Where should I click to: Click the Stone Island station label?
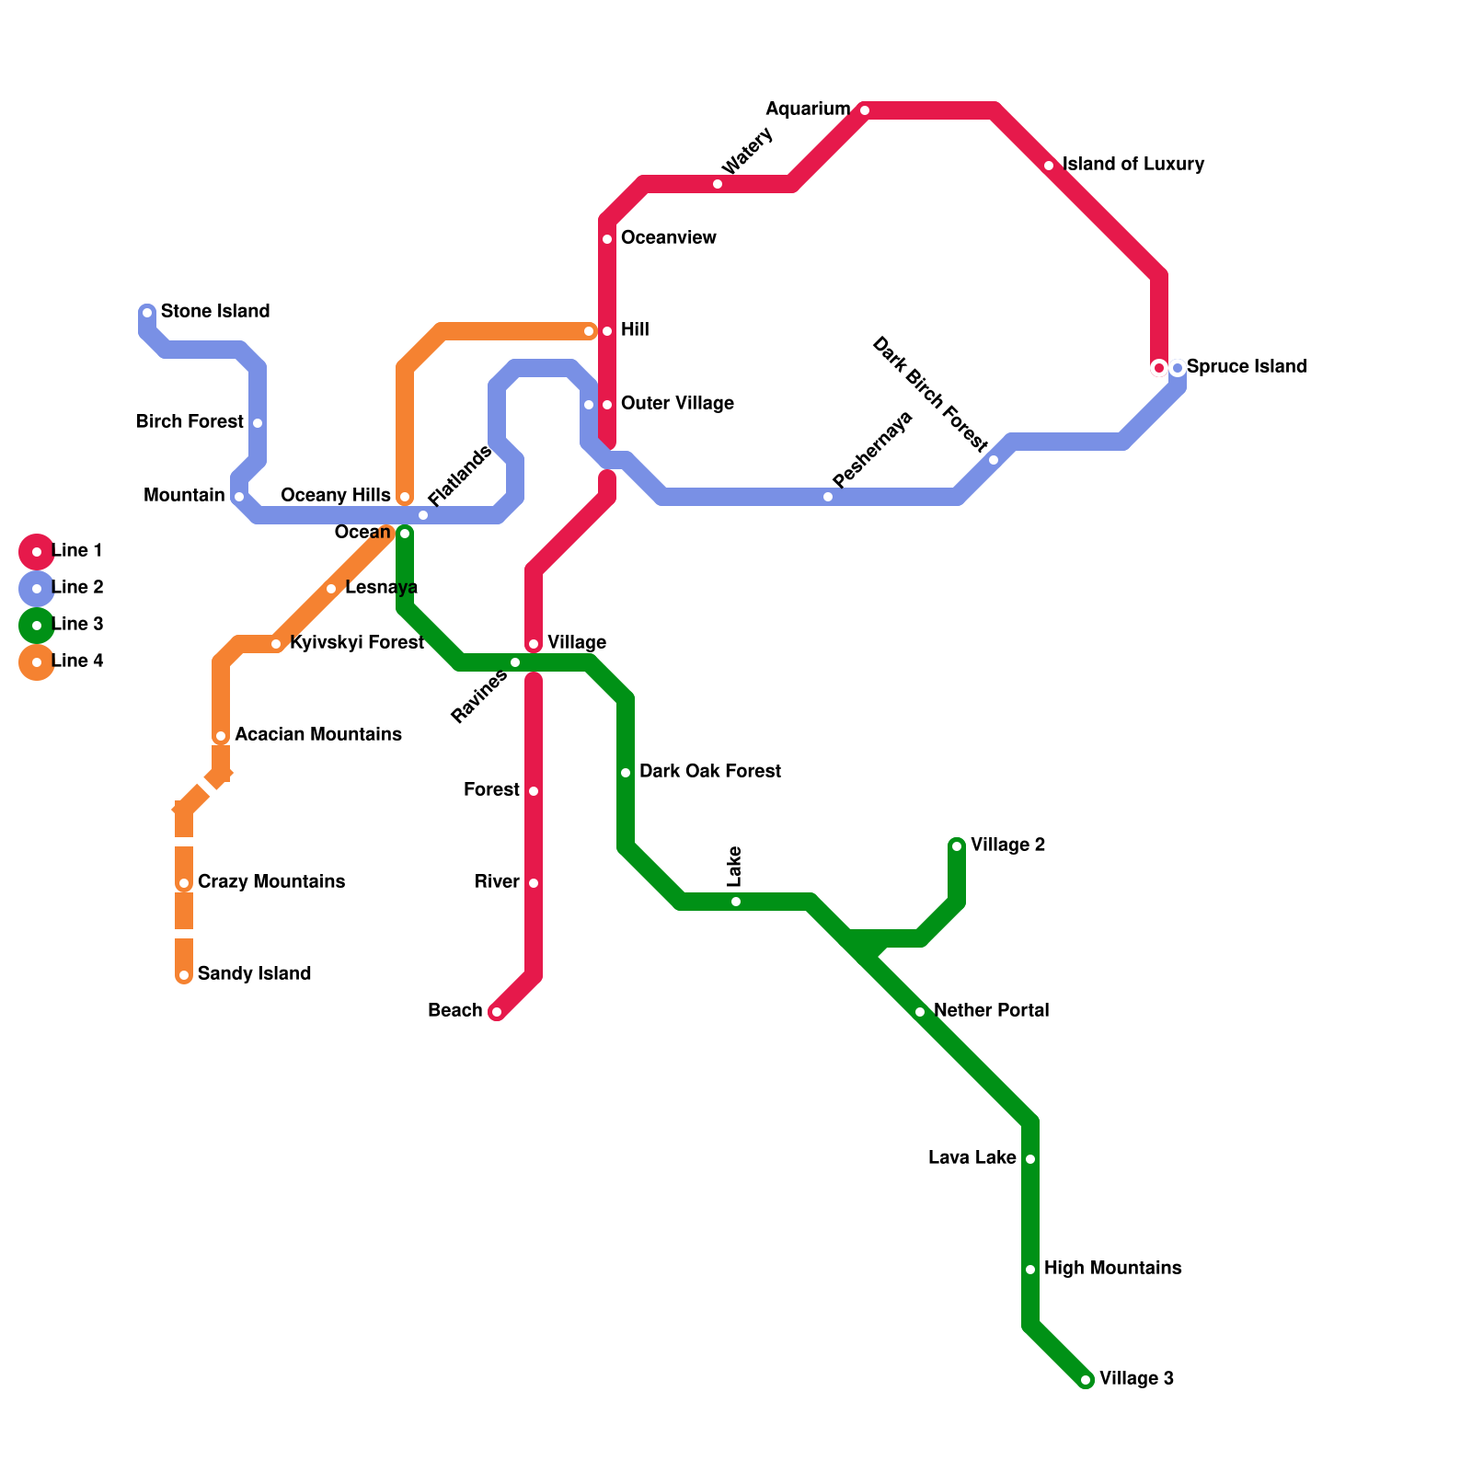[x=214, y=312]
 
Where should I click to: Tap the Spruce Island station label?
[x=1246, y=367]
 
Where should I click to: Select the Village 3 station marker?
[x=1086, y=1380]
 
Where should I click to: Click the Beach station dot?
[x=497, y=1012]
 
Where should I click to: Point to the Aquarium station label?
[x=808, y=109]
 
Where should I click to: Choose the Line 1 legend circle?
[x=37, y=552]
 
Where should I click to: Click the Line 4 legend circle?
[x=37, y=662]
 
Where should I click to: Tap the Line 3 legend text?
[x=77, y=625]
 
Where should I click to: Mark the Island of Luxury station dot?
[x=1049, y=166]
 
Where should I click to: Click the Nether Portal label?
[x=991, y=1011]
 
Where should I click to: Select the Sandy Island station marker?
[x=184, y=975]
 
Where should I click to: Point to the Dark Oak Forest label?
[x=709, y=772]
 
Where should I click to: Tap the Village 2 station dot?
[x=957, y=846]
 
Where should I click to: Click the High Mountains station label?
[x=1112, y=1269]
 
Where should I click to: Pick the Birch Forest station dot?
[x=258, y=423]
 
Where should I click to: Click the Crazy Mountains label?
[x=270, y=882]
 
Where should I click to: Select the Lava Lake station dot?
[x=1030, y=1159]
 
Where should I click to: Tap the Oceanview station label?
[x=668, y=238]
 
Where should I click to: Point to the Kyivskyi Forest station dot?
[x=276, y=644]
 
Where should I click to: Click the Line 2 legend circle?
[x=37, y=589]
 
